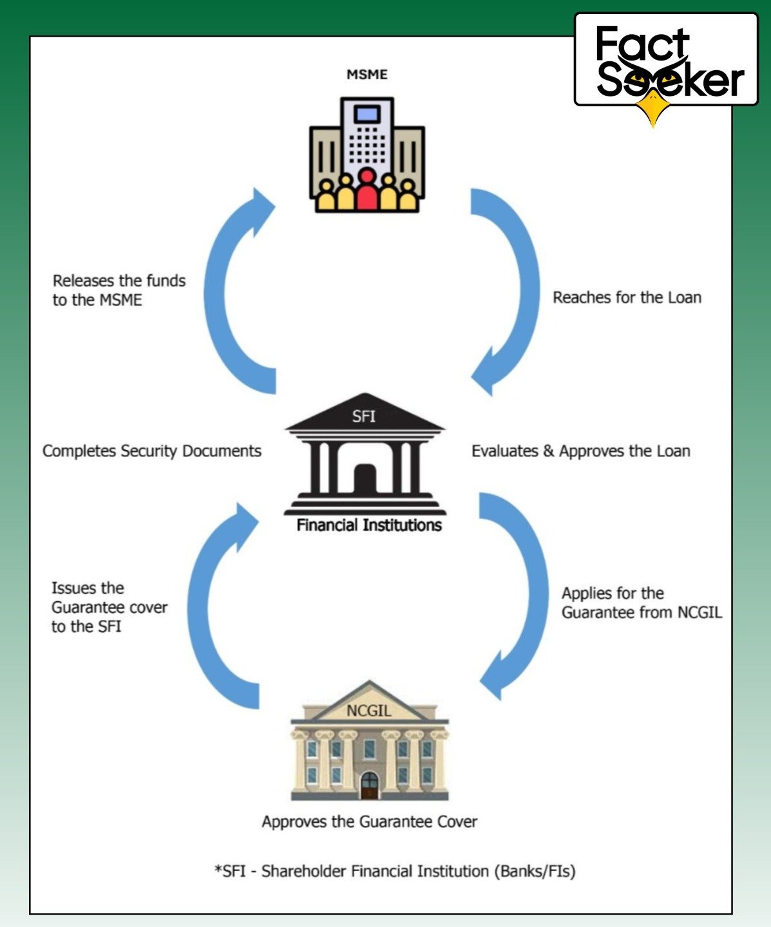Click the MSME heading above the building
[367, 75]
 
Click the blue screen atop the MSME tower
[367, 114]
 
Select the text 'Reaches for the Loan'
[627, 297]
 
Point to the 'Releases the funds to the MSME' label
[119, 290]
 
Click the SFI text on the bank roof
[364, 417]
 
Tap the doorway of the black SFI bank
[365, 478]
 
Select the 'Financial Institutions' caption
[369, 525]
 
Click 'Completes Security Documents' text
[152, 451]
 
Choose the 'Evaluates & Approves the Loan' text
[581, 451]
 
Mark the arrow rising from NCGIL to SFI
[198, 608]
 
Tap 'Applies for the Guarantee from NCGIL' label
[642, 603]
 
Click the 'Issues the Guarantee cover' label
[109, 607]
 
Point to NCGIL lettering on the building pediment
[369, 711]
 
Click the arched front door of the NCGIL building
[370, 785]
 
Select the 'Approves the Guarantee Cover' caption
[369, 822]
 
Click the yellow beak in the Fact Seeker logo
[653, 108]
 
